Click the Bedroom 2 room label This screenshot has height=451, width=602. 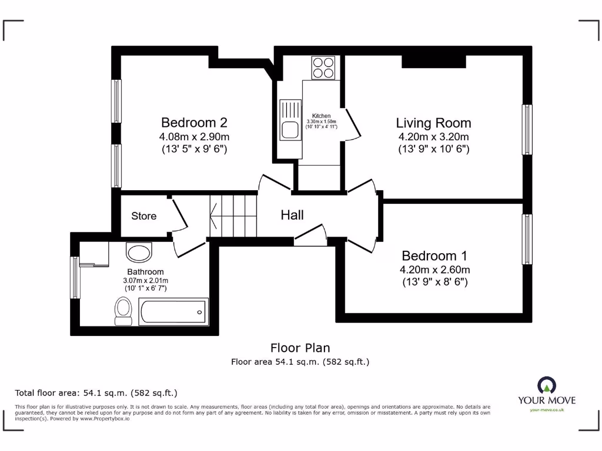pos(194,123)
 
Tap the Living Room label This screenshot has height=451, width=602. pos(433,123)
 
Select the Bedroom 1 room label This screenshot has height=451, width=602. pos(434,256)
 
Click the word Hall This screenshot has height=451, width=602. pos(292,215)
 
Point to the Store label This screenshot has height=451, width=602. pos(144,216)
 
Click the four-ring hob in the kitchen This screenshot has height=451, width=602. pos(323,68)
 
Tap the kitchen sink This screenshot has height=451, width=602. pos(290,121)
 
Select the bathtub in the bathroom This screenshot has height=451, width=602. pos(173,311)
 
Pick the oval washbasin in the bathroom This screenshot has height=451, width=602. pos(139,254)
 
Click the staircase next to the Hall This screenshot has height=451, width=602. pos(233,216)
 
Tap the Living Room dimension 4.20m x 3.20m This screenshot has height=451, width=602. pos(433,137)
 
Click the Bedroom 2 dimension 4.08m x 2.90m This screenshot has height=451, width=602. pos(194,137)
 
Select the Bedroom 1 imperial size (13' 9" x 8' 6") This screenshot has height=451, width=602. pos(434,282)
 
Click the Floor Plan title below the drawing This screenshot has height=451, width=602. pos(300,348)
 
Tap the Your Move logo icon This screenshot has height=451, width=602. pos(547,385)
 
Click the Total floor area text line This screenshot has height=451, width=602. pos(96,393)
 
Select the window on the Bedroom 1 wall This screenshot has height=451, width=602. pos(527,239)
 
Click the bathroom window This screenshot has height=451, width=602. pos(75,277)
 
